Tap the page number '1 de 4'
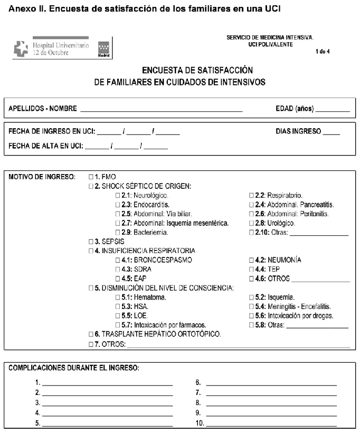click(x=323, y=51)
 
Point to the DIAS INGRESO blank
click(x=331, y=132)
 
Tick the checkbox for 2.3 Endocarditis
click(x=117, y=205)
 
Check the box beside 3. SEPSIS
click(x=91, y=242)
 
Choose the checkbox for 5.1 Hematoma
click(x=117, y=297)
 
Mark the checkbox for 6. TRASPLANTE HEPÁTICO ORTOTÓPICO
click(x=91, y=334)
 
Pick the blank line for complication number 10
click(x=271, y=423)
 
